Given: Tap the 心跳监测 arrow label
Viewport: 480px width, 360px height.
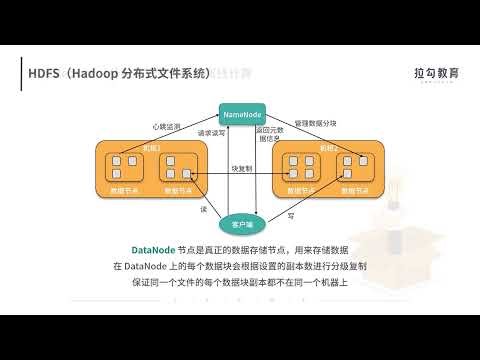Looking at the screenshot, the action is [x=167, y=127].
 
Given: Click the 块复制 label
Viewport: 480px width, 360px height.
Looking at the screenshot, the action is [x=240, y=168].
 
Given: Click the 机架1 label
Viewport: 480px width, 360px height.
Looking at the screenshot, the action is [x=151, y=147].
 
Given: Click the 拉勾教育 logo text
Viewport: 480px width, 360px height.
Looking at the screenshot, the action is [x=435, y=72].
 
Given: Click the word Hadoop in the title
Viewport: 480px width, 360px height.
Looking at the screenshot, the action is [x=97, y=73].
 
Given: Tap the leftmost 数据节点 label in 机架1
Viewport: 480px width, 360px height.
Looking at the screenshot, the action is [x=126, y=189].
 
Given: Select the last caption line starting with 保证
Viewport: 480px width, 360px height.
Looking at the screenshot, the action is [x=239, y=284].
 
